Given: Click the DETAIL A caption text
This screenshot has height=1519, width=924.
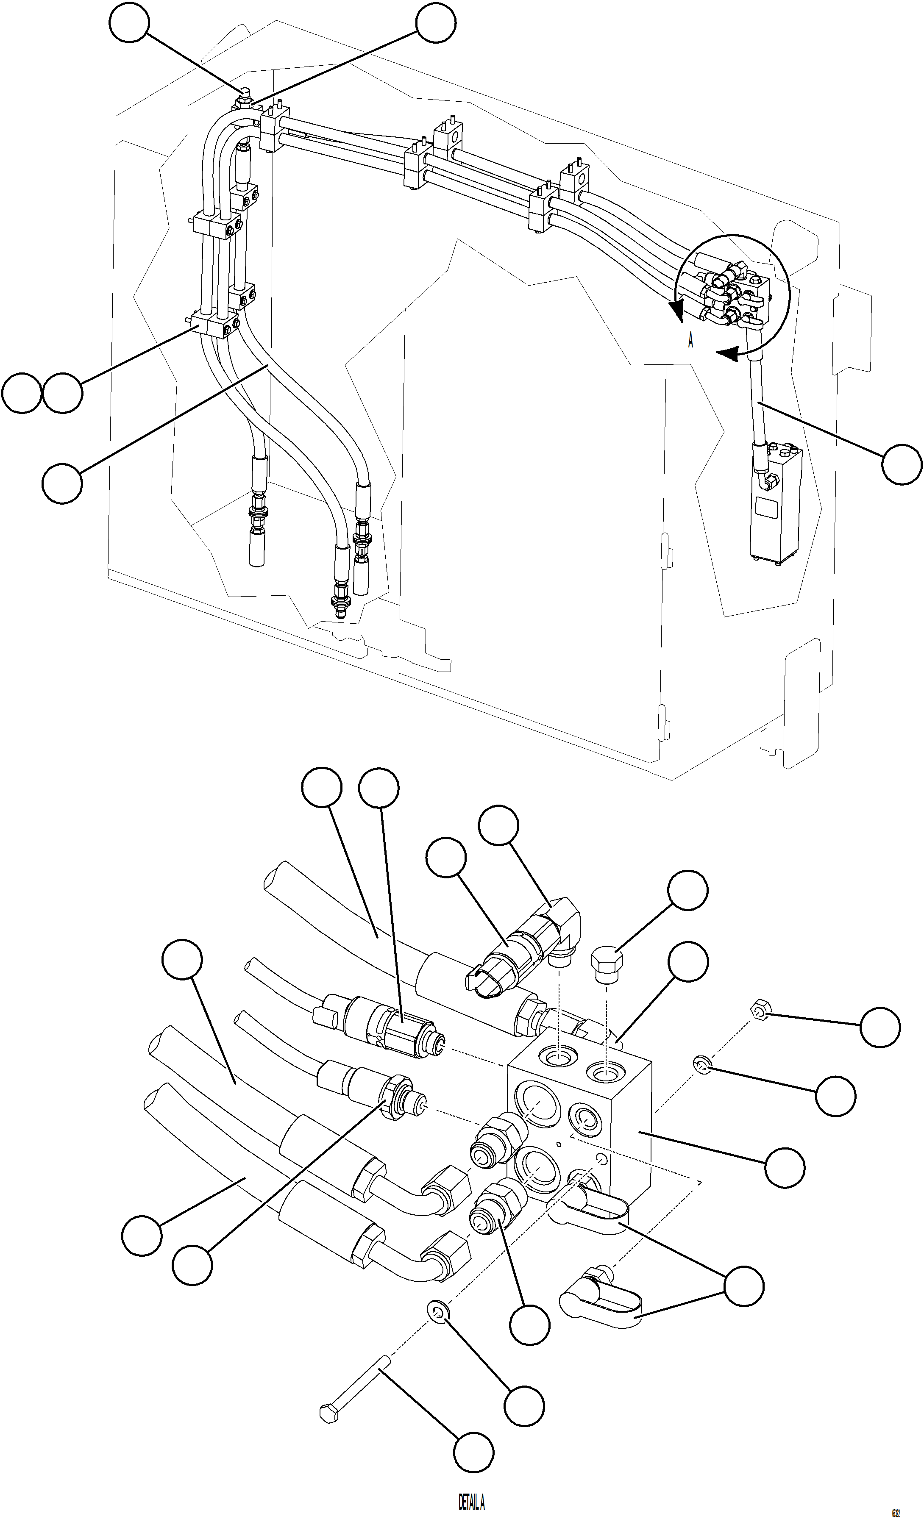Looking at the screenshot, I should (x=471, y=1502).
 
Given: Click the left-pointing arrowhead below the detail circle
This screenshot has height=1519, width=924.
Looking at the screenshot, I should (x=728, y=354).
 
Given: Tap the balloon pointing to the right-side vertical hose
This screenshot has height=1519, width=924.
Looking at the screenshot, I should (x=901, y=465).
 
